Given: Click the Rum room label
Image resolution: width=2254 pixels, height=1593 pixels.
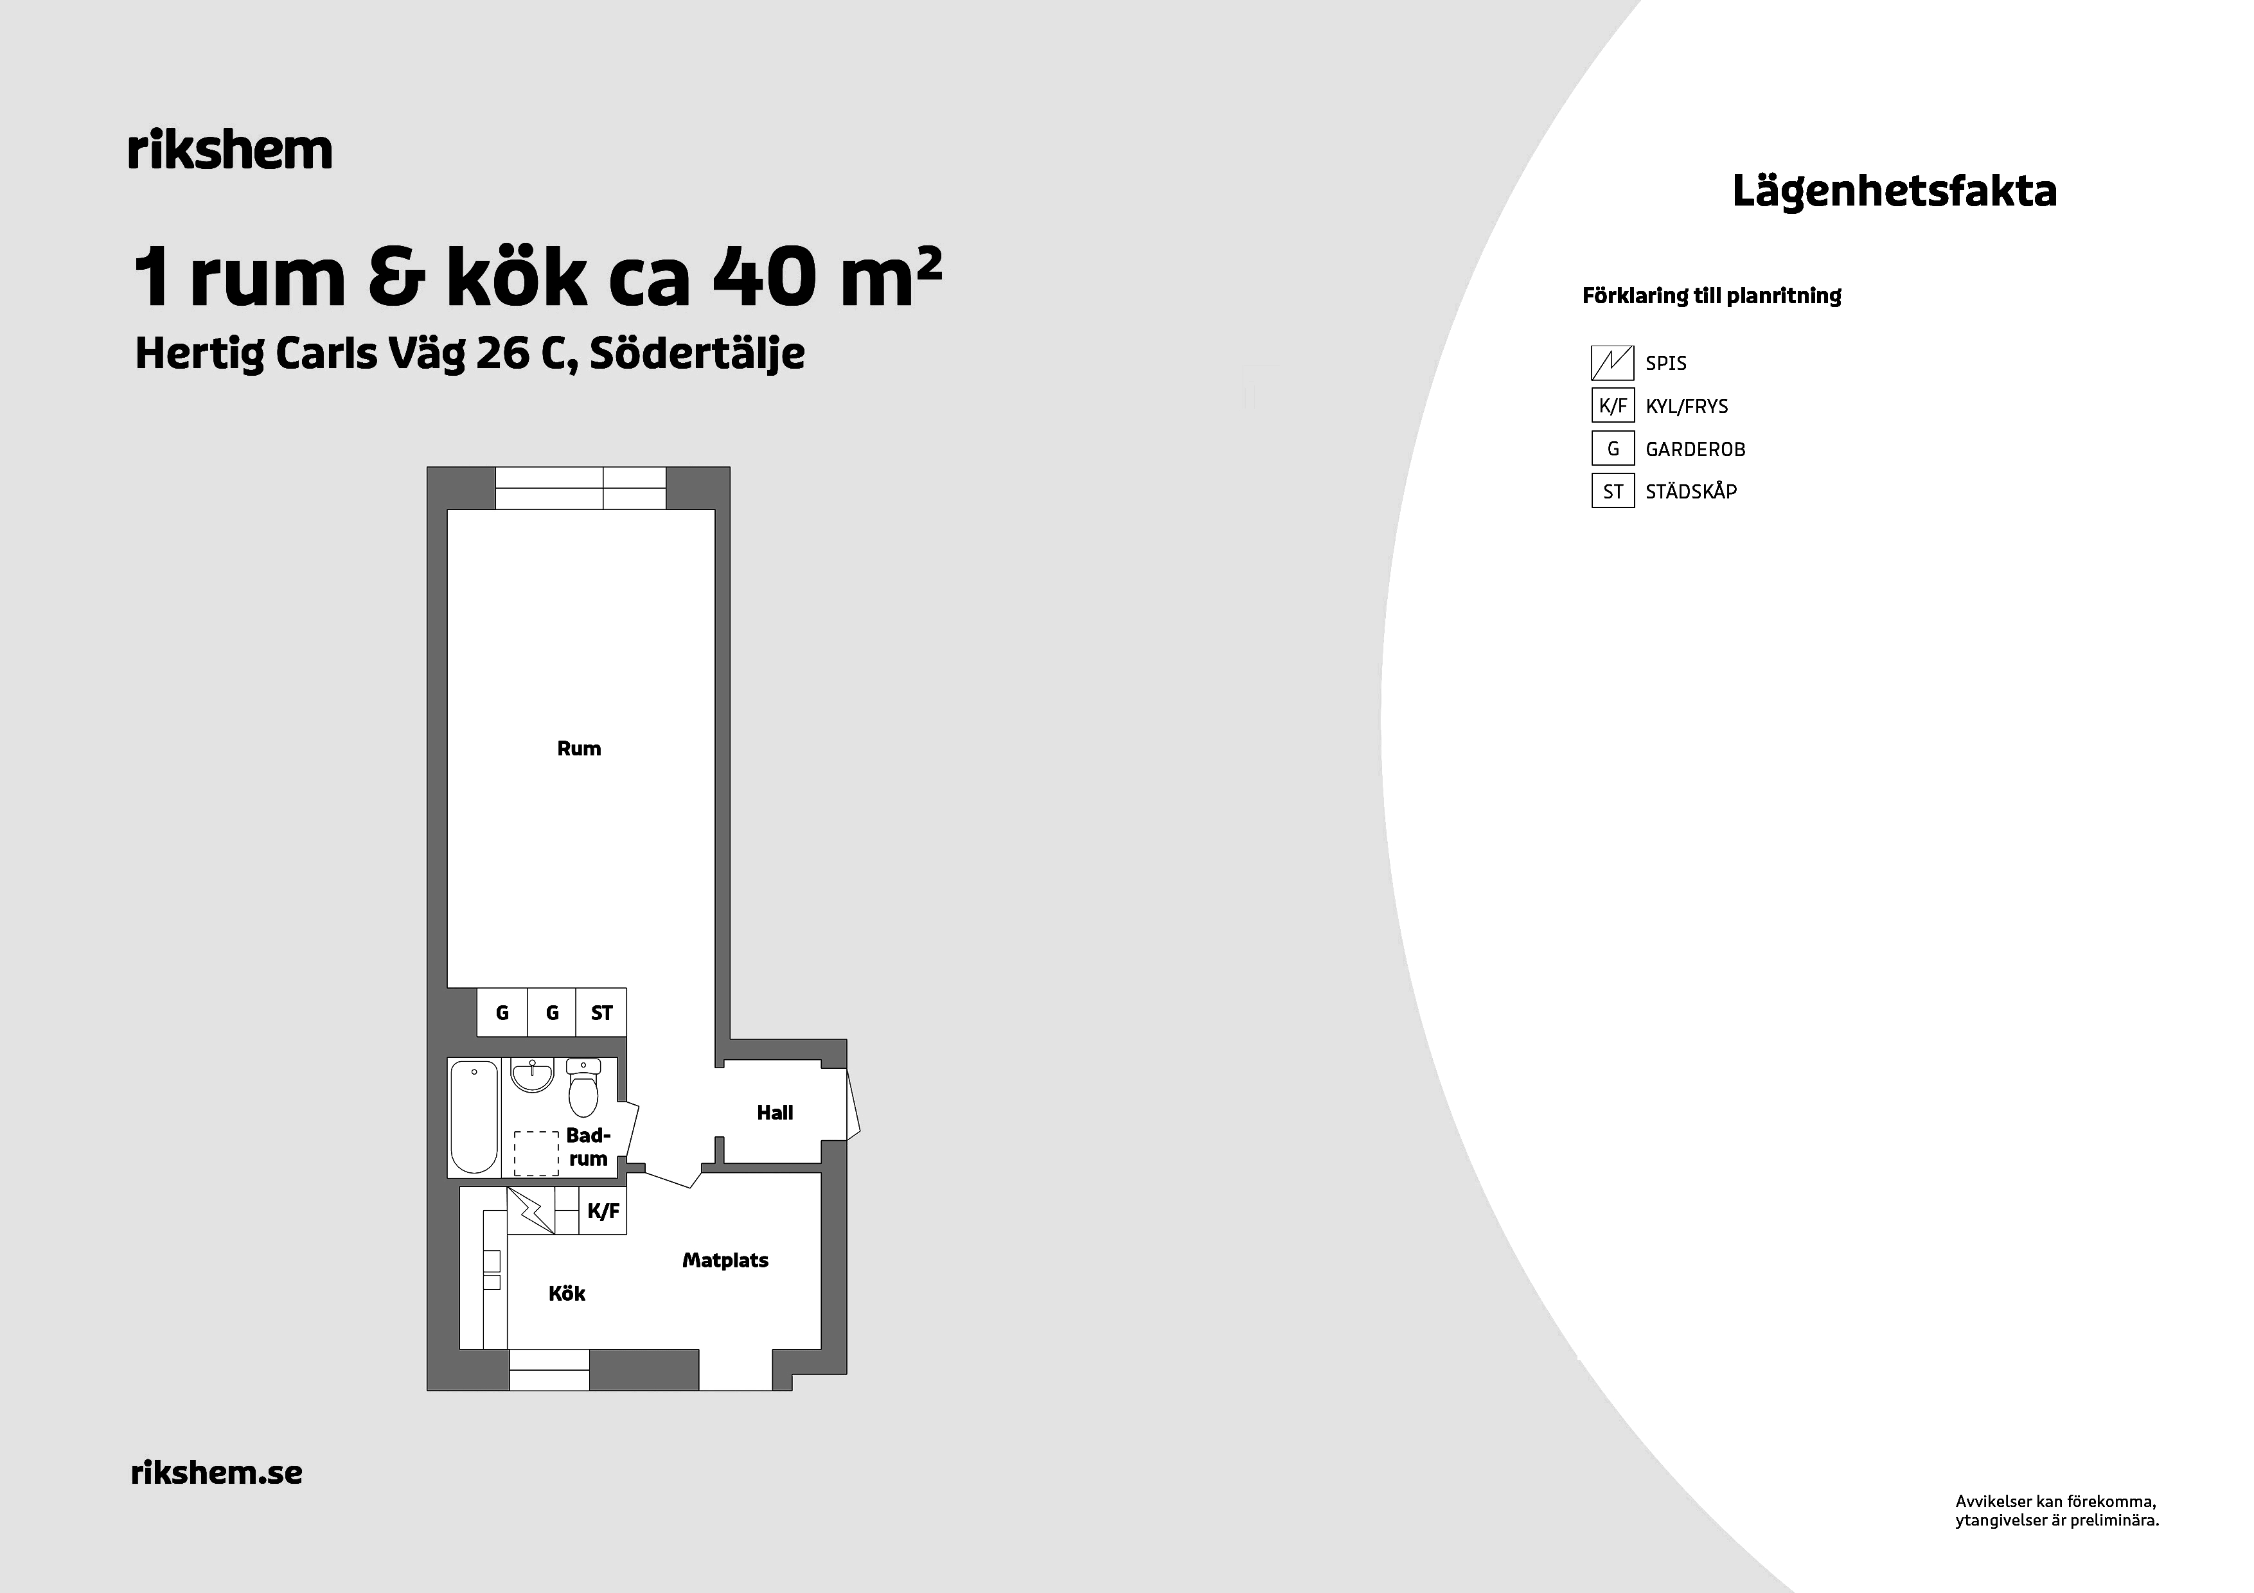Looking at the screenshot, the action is (578, 749).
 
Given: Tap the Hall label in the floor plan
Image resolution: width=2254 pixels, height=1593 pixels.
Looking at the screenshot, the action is (774, 1112).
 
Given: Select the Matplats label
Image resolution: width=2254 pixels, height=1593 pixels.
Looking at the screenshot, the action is (725, 1260).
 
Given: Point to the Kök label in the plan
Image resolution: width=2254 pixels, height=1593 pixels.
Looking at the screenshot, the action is (567, 1294).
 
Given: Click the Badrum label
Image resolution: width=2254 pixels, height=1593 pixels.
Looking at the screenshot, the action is (588, 1147).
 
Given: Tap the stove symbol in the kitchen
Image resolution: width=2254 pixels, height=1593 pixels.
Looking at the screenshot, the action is (531, 1210).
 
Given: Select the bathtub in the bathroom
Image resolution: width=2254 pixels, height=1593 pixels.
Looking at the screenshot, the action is (474, 1117).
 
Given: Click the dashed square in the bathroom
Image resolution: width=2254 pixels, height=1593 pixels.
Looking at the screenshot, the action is (536, 1153).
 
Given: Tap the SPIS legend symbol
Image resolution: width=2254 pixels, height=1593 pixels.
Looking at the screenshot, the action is (1612, 363).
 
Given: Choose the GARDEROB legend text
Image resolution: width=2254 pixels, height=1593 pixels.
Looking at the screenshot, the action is (1696, 450).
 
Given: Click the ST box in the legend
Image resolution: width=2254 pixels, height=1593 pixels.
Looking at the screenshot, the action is (1612, 491).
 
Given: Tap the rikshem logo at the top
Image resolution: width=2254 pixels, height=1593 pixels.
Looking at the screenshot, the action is (230, 150).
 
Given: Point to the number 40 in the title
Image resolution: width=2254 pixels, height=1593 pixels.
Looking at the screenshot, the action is (764, 277).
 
